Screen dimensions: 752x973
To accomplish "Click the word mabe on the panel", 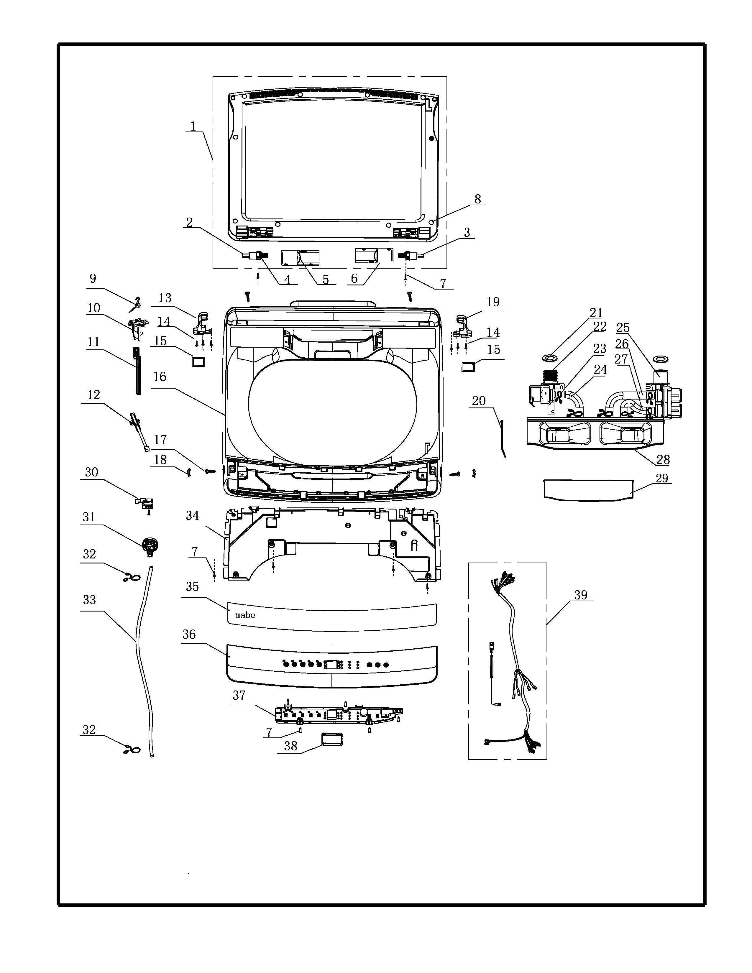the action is (245, 615).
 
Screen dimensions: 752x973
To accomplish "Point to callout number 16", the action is (160, 377).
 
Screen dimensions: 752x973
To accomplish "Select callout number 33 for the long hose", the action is (89, 600).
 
